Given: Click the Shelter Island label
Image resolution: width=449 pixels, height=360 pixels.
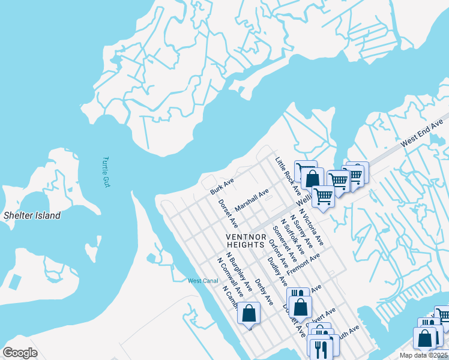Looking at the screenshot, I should pos(32,215).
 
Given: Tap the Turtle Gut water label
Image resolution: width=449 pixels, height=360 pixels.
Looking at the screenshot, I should pos(106,172).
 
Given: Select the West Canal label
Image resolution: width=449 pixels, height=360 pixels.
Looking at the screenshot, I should pos(202,281).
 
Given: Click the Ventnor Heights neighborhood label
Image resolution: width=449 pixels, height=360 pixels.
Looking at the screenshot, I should pos(245,241).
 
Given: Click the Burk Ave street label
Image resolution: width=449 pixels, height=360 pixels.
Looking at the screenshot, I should pos(221,185).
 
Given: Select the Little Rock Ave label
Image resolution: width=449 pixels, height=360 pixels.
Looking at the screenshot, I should pos(288,173).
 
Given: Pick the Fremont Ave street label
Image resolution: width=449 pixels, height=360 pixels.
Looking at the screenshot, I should pos(304,264).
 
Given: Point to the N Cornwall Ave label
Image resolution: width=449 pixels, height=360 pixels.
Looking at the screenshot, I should pos(231,278).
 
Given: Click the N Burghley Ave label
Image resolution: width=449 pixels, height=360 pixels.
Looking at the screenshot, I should pos(239,267).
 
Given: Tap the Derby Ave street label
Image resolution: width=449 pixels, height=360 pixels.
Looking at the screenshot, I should pos(264,290).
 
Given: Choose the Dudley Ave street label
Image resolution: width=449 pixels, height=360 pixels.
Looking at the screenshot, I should pos(277,271).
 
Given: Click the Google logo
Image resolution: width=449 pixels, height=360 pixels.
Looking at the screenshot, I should pos(20,352).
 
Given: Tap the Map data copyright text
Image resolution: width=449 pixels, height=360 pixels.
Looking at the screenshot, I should pos(424,355).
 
